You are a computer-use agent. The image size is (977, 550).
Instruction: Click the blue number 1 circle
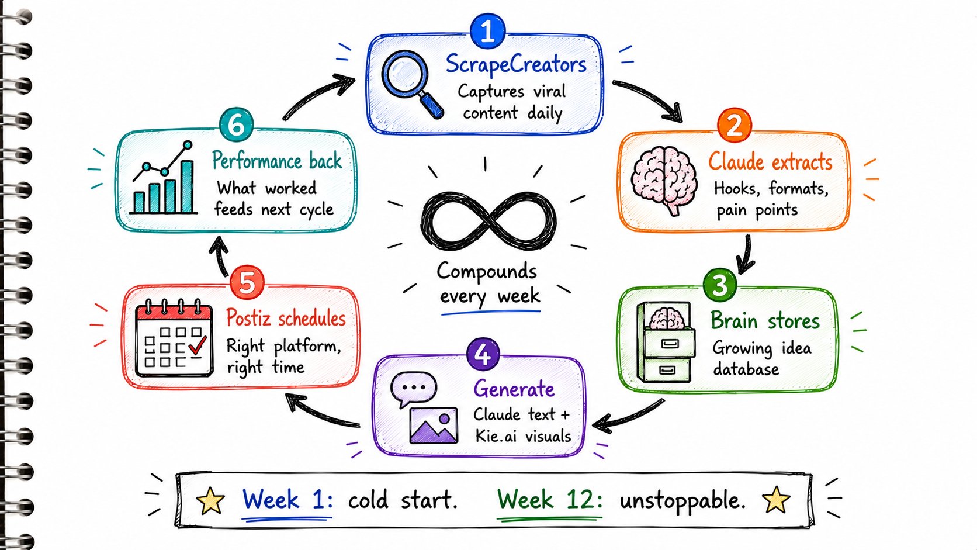(488, 30)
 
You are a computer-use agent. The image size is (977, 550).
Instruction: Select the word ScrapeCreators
(516, 64)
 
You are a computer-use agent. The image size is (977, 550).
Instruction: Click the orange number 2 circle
(735, 125)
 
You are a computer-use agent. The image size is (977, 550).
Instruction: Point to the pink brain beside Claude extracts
(664, 179)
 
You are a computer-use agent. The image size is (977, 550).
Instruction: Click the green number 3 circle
(720, 285)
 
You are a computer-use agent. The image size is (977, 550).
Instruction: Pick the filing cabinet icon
(666, 342)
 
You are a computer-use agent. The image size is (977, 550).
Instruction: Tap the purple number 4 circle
(483, 354)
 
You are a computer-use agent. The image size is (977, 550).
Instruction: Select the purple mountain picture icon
(434, 426)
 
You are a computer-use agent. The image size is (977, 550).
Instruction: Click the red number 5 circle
(247, 282)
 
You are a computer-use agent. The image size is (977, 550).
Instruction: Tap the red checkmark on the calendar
(198, 345)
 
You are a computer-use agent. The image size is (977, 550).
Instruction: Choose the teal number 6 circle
(236, 125)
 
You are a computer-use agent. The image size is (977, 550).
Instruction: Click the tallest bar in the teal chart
(187, 186)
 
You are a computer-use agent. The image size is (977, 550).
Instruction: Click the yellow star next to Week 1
(210, 500)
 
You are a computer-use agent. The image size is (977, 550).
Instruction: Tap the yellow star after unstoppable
(776, 499)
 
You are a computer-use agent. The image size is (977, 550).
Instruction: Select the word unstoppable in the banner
(682, 500)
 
